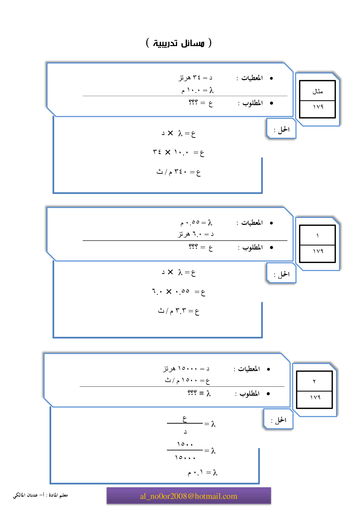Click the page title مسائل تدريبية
pyautogui.click(x=179, y=43)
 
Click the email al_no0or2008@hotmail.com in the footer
pyautogui.click(x=189, y=496)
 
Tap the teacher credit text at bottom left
pyautogui.click(x=40, y=495)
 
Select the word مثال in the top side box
pyautogui.click(x=318, y=91)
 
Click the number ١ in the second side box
pyautogui.click(x=318, y=236)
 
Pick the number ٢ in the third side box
pyautogui.click(x=314, y=381)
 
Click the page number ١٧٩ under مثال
pyautogui.click(x=318, y=107)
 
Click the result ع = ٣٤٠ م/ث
pyautogui.click(x=179, y=172)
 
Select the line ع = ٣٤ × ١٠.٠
pyautogui.click(x=179, y=152)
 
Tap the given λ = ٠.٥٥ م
pyautogui.click(x=196, y=222)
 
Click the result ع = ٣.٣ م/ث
pyautogui.click(x=179, y=311)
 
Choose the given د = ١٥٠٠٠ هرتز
pyautogui.click(x=186, y=369)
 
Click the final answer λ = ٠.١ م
pyautogui.click(x=202, y=472)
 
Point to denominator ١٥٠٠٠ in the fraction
pyautogui.click(x=185, y=458)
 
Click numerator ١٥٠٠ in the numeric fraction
pyautogui.click(x=185, y=444)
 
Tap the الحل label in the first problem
pyautogui.click(x=282, y=129)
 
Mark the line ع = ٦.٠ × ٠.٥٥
pyautogui.click(x=179, y=292)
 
